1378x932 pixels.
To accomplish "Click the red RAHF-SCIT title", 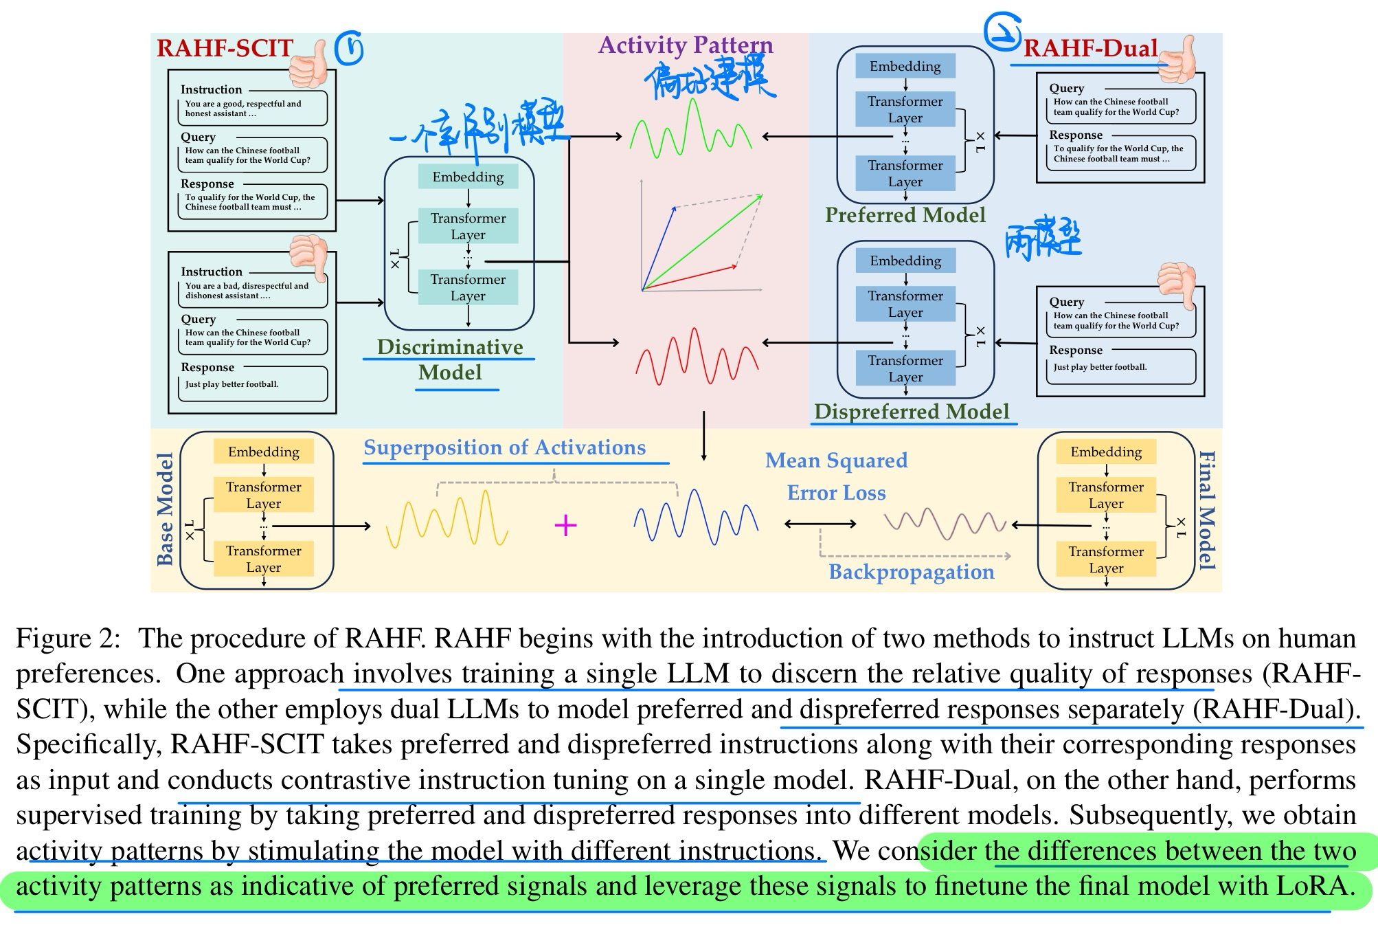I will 225,48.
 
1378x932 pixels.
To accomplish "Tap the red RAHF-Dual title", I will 1090,48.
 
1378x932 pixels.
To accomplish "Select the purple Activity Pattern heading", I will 686,45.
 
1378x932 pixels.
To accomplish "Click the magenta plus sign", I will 565,526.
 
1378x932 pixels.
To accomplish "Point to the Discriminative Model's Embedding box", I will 468,177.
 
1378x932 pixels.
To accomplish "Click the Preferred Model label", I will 905,215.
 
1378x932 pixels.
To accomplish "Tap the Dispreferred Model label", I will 912,411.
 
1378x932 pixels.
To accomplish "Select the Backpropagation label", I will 911,572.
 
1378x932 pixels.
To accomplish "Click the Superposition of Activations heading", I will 504,447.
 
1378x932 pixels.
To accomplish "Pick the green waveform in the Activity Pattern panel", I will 690,131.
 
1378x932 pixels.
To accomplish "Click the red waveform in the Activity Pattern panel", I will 697,357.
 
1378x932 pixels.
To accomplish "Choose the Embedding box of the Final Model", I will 1106,452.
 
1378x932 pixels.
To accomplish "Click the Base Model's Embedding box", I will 264,452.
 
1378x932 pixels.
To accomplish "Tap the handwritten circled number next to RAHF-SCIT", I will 349,48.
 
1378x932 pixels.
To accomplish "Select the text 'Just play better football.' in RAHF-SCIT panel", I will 231,384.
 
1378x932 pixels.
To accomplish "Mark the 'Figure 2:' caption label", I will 68,639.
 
